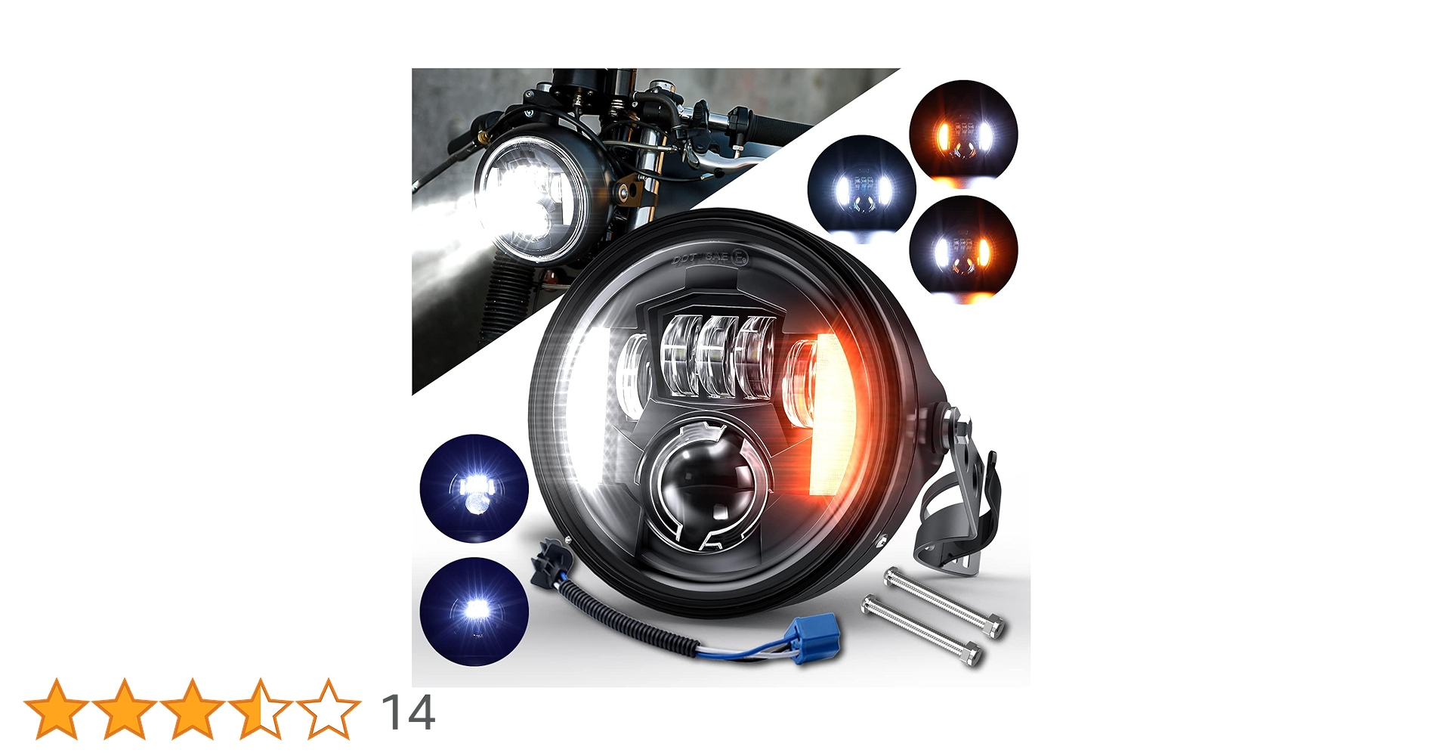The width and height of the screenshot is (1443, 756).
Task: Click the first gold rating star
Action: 56,709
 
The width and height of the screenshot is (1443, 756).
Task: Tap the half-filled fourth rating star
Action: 260,709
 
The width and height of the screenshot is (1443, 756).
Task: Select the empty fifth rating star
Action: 328,709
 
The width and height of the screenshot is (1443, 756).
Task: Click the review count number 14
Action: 408,712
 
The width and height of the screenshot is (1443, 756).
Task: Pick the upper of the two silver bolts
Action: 943,602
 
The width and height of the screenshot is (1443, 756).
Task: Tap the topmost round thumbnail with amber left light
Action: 963,133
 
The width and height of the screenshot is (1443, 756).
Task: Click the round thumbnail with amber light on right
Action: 963,249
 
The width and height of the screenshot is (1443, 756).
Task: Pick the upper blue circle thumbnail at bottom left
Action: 474,488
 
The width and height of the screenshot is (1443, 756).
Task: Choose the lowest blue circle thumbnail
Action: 474,611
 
